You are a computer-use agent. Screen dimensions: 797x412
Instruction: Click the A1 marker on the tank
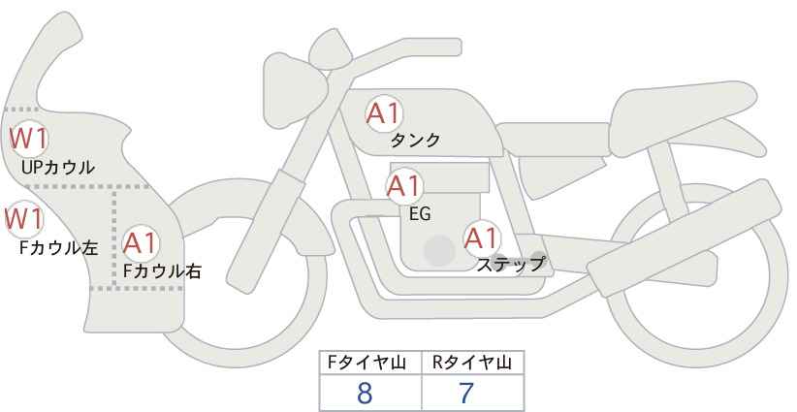384,113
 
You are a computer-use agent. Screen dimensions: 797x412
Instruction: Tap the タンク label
415,140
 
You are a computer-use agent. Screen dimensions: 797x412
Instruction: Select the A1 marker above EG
404,186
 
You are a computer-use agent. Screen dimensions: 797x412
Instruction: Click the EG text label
420,214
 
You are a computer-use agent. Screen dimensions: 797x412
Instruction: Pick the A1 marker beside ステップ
482,238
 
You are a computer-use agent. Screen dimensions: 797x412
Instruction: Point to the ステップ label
511,265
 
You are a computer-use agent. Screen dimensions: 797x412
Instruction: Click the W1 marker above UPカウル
29,139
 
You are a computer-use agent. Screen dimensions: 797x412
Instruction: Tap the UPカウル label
58,167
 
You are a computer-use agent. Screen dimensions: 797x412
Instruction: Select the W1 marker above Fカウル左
24,219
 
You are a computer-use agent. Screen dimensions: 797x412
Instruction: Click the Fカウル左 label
58,248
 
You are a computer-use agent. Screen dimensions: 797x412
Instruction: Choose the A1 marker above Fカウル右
141,243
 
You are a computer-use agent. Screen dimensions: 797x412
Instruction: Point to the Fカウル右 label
163,270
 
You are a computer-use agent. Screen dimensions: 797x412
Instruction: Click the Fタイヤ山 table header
367,363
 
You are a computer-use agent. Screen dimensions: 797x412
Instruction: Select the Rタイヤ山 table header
472,363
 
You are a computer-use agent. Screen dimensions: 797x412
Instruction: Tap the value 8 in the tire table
365,393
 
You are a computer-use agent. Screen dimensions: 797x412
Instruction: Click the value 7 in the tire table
466,393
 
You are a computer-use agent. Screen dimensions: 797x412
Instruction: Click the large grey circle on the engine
439,250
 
